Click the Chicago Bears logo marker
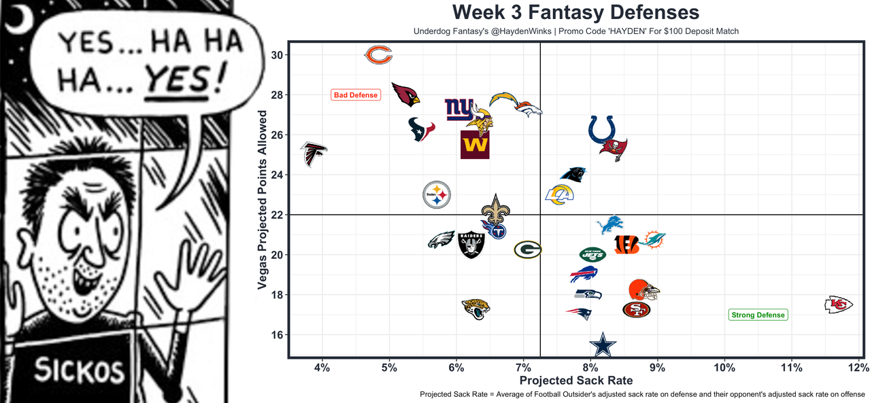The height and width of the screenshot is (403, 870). coord(378,56)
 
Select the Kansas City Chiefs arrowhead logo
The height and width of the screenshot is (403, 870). coord(838,304)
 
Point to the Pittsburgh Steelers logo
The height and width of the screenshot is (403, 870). coord(437,195)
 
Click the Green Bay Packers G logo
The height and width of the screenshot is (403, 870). coord(527,249)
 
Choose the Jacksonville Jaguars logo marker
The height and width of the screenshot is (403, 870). coord(475,309)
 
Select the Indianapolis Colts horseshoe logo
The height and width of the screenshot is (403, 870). coord(603,129)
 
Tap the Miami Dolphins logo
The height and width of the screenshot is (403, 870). coord(652,240)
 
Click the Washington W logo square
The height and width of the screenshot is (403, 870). coord(475,145)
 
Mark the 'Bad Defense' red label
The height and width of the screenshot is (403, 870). coord(355,95)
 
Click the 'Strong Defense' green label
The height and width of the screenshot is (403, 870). coord(758,315)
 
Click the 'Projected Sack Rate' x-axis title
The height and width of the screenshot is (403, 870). coord(575,381)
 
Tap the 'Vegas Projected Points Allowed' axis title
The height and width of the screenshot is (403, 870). coord(263,201)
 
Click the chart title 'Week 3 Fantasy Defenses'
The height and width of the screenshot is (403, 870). coord(575,12)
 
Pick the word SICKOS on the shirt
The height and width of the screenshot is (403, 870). coord(80,371)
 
